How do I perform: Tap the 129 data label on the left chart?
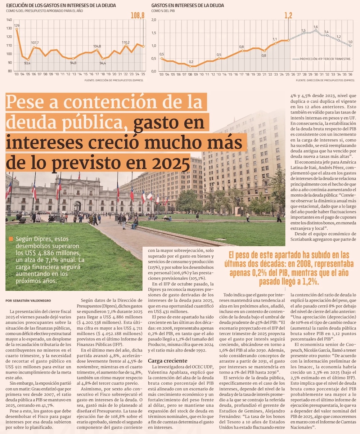17,26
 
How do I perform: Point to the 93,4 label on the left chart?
27,63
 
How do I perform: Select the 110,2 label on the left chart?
126,42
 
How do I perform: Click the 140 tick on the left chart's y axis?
9,20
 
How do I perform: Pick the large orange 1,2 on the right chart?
288,15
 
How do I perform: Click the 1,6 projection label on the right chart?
315,27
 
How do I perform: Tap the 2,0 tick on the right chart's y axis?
154,20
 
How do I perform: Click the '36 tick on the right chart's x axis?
350,74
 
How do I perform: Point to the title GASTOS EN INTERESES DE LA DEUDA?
188,5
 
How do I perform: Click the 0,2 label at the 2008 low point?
191,62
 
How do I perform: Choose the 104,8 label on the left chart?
97,46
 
